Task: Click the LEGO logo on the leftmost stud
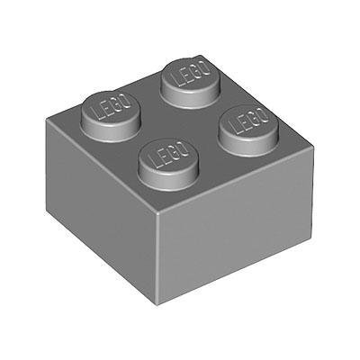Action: pyautogui.click(x=112, y=107)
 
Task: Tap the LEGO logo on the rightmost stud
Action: pyautogui.click(x=249, y=121)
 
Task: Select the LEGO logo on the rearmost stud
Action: pyautogui.click(x=192, y=74)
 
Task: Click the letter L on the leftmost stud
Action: pyautogui.click(x=98, y=113)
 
